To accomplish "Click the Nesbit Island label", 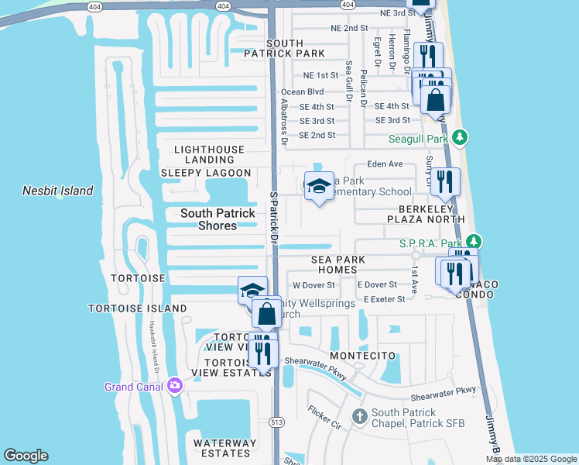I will point(58,191).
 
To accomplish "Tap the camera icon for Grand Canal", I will point(175,385).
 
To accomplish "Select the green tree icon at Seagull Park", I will point(460,138).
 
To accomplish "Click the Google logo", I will point(26,456).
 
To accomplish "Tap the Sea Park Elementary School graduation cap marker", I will point(318,186).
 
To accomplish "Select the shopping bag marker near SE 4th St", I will point(436,99).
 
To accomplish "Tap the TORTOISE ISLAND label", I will point(137,308).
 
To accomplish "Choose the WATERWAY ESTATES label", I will point(224,449).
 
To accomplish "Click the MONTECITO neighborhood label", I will point(363,356).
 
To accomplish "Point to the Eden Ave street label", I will point(385,164).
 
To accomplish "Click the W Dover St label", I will point(313,285).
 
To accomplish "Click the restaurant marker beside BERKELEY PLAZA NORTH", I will point(445,182).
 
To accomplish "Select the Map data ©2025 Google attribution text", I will point(531,459).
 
